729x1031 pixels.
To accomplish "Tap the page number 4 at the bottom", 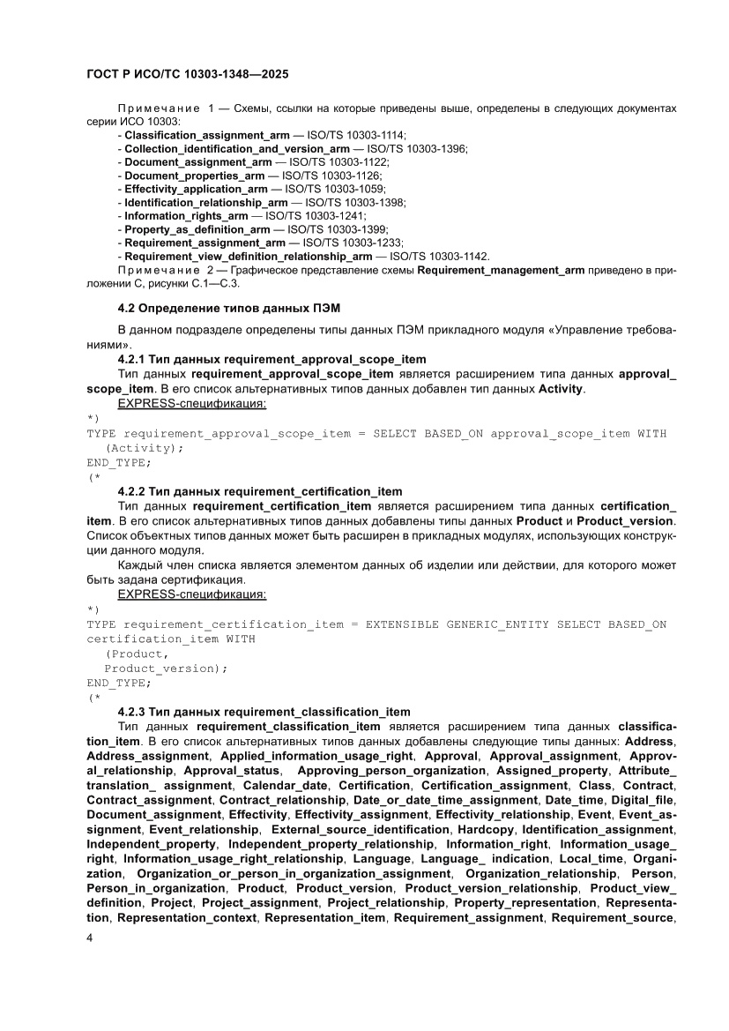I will [x=90, y=962].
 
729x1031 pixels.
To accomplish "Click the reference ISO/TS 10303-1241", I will [x=316, y=215].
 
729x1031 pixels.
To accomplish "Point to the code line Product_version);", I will [x=166, y=668].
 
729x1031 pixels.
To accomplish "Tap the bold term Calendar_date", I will [x=286, y=785].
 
